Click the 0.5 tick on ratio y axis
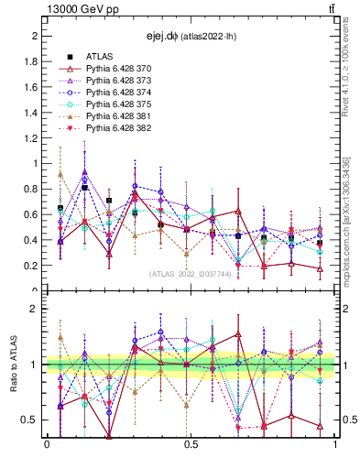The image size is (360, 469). [33, 420]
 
